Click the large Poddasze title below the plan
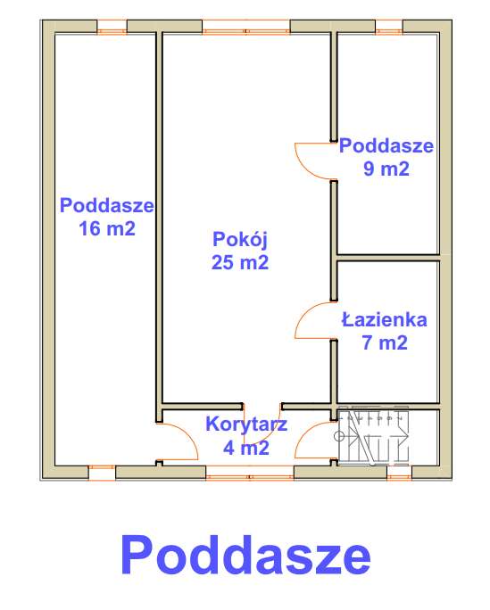click(x=245, y=555)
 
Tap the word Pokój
click(x=241, y=239)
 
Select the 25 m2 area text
click(x=241, y=262)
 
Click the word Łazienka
click(x=385, y=319)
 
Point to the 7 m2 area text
click(x=386, y=342)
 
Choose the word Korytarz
click(x=246, y=425)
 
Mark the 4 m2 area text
click(x=247, y=448)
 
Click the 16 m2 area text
click(x=107, y=228)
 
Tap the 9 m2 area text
click(x=387, y=169)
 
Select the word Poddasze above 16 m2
click(x=107, y=205)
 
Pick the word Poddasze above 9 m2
click(x=386, y=145)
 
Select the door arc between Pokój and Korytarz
click(x=267, y=424)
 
